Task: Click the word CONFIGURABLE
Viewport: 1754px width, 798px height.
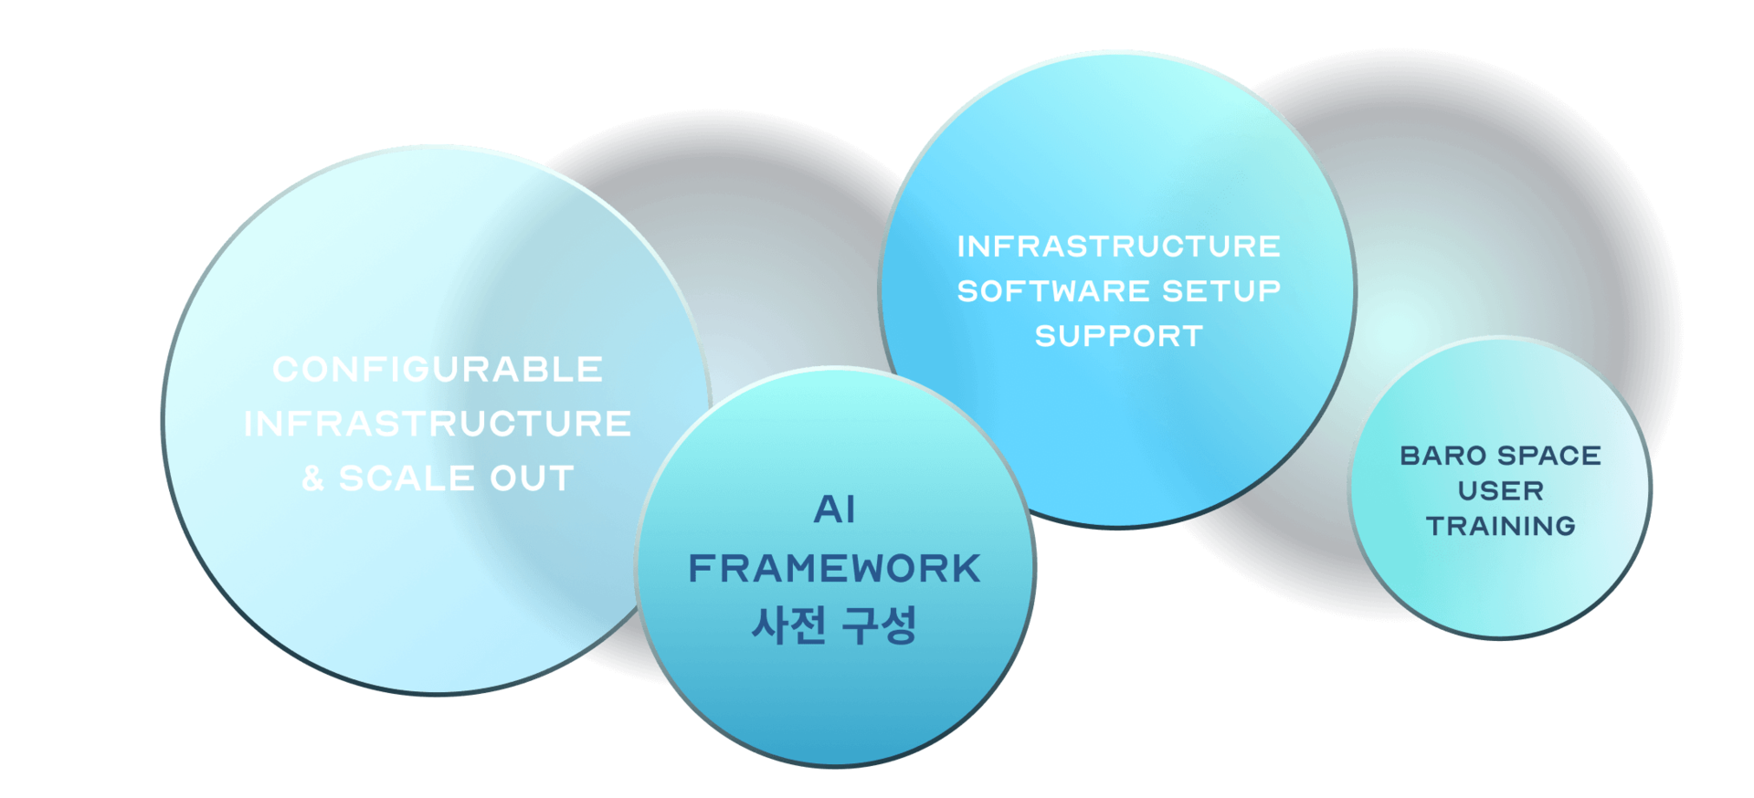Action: tap(438, 370)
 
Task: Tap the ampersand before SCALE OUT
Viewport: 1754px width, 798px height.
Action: tap(312, 478)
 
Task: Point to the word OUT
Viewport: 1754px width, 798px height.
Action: tap(532, 478)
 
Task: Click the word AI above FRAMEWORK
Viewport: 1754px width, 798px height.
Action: tap(835, 509)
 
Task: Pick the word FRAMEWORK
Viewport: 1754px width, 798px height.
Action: tap(834, 568)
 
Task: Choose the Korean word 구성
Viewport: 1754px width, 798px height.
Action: tap(879, 625)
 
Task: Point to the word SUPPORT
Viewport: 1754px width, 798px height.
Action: tap(1119, 336)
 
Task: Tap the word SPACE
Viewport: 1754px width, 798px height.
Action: tap(1549, 456)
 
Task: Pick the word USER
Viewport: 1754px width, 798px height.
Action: tap(1501, 491)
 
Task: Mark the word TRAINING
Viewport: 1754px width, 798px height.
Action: tap(1501, 526)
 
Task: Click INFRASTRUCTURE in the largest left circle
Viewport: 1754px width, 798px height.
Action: tap(438, 424)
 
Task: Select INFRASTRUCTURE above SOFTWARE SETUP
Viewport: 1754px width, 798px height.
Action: tap(1119, 247)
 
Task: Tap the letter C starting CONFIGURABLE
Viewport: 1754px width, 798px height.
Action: tap(285, 370)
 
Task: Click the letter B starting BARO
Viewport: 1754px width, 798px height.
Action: tap(1410, 456)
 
